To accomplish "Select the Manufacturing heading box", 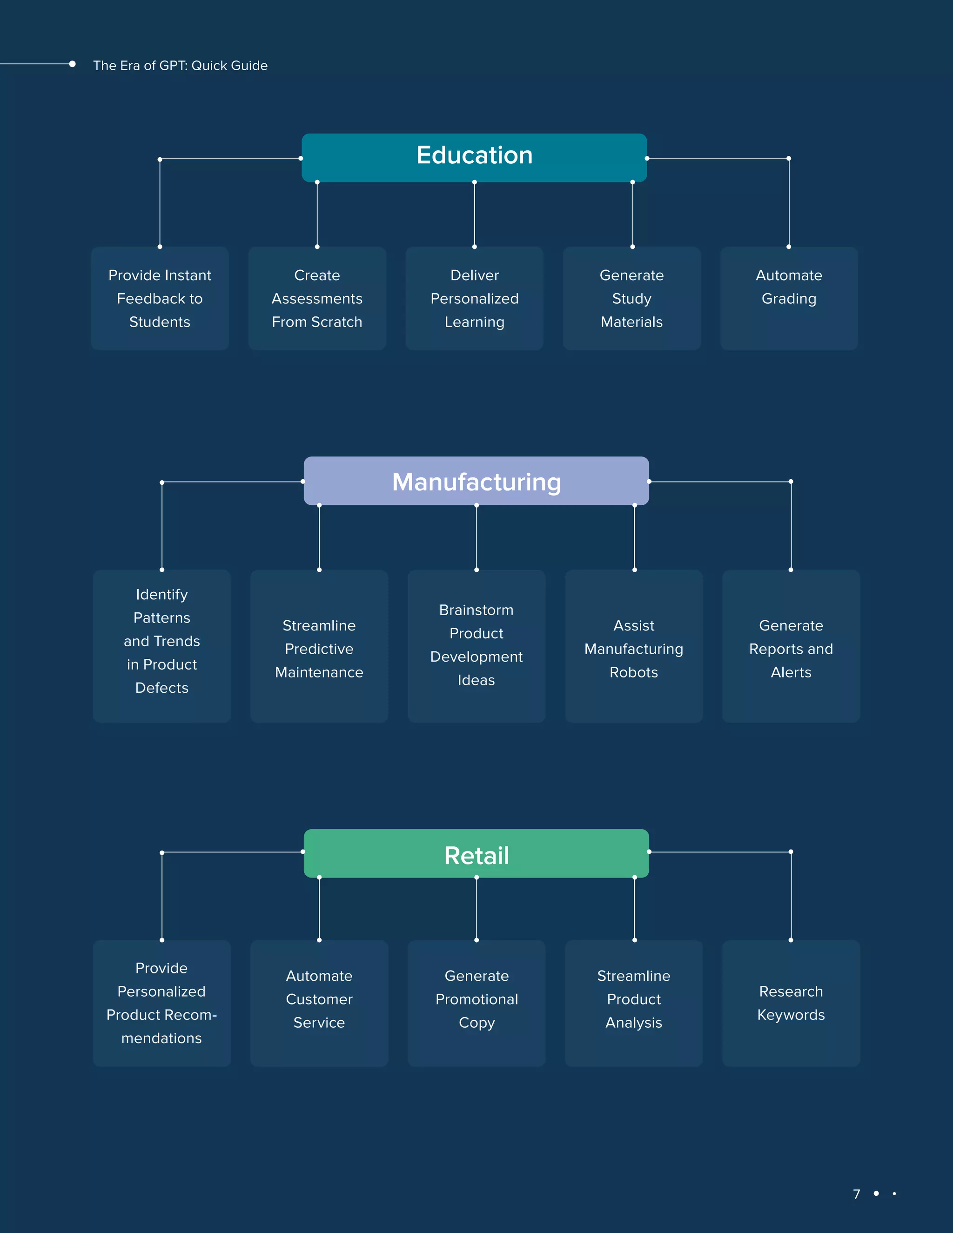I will [x=476, y=481].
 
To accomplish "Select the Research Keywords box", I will [x=791, y=1003].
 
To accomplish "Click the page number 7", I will [x=857, y=1193].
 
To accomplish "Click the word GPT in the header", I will [x=173, y=66].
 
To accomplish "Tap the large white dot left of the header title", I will [x=72, y=64].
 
